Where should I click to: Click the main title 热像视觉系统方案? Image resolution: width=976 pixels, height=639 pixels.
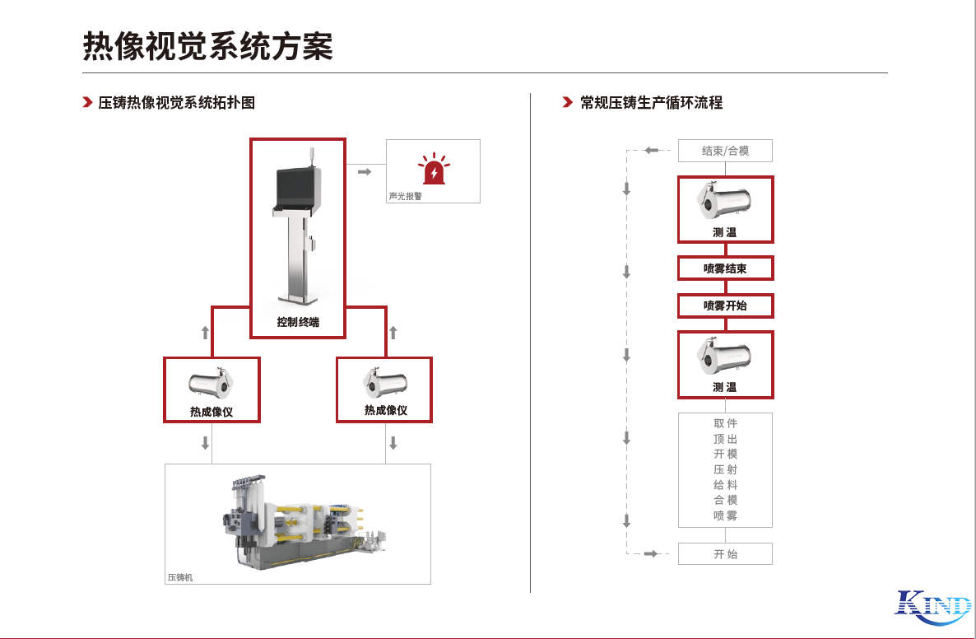(208, 46)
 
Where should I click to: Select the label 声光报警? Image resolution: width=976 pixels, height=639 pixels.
(406, 197)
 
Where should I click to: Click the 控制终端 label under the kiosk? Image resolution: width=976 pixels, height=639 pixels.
(298, 323)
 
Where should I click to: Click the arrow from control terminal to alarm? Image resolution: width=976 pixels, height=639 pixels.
(365, 171)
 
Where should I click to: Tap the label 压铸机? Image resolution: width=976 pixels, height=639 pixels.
(179, 578)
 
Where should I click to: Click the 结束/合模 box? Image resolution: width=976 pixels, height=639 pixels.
(725, 151)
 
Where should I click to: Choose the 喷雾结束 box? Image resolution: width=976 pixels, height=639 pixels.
(725, 268)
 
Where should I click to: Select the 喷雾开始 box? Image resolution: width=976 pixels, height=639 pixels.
(725, 306)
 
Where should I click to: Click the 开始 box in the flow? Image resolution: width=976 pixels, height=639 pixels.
(725, 554)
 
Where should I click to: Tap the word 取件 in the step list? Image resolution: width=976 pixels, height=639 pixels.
(725, 423)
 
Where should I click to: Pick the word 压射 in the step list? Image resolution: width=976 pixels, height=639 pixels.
(725, 469)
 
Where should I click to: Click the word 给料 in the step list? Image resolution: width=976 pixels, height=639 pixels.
(725, 485)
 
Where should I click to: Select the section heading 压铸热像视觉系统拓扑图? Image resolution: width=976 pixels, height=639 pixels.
(177, 103)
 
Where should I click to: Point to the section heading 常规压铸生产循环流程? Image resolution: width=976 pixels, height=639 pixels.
(651, 103)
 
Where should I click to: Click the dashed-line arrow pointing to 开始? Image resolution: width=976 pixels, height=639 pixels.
(651, 554)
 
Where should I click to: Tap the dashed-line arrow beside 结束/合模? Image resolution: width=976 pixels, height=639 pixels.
(652, 151)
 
